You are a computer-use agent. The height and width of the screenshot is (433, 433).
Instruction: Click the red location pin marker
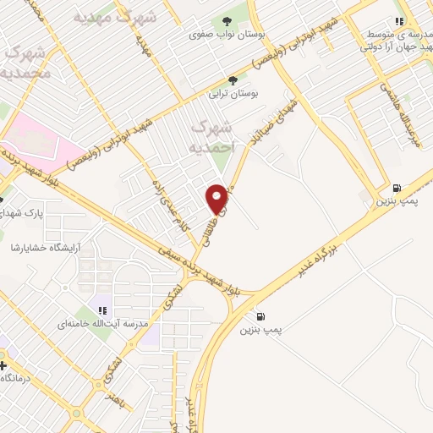pyautogui.click(x=217, y=199)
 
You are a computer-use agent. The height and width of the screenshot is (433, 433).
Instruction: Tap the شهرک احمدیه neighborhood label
pyautogui.click(x=211, y=135)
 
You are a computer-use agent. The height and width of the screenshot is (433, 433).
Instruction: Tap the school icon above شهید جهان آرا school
pyautogui.click(x=399, y=21)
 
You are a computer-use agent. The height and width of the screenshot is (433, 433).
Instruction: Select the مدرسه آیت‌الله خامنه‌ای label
pyautogui.click(x=109, y=324)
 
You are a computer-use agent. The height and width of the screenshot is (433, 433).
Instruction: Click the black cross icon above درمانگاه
pyautogui.click(x=3, y=366)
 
